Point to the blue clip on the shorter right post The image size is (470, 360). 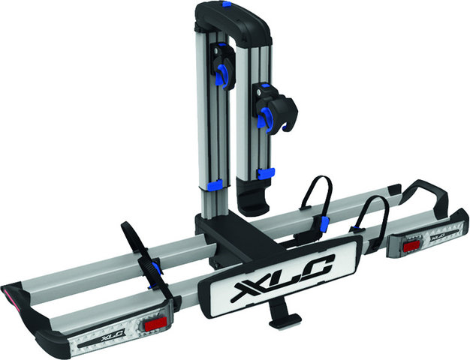[x=264, y=174]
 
